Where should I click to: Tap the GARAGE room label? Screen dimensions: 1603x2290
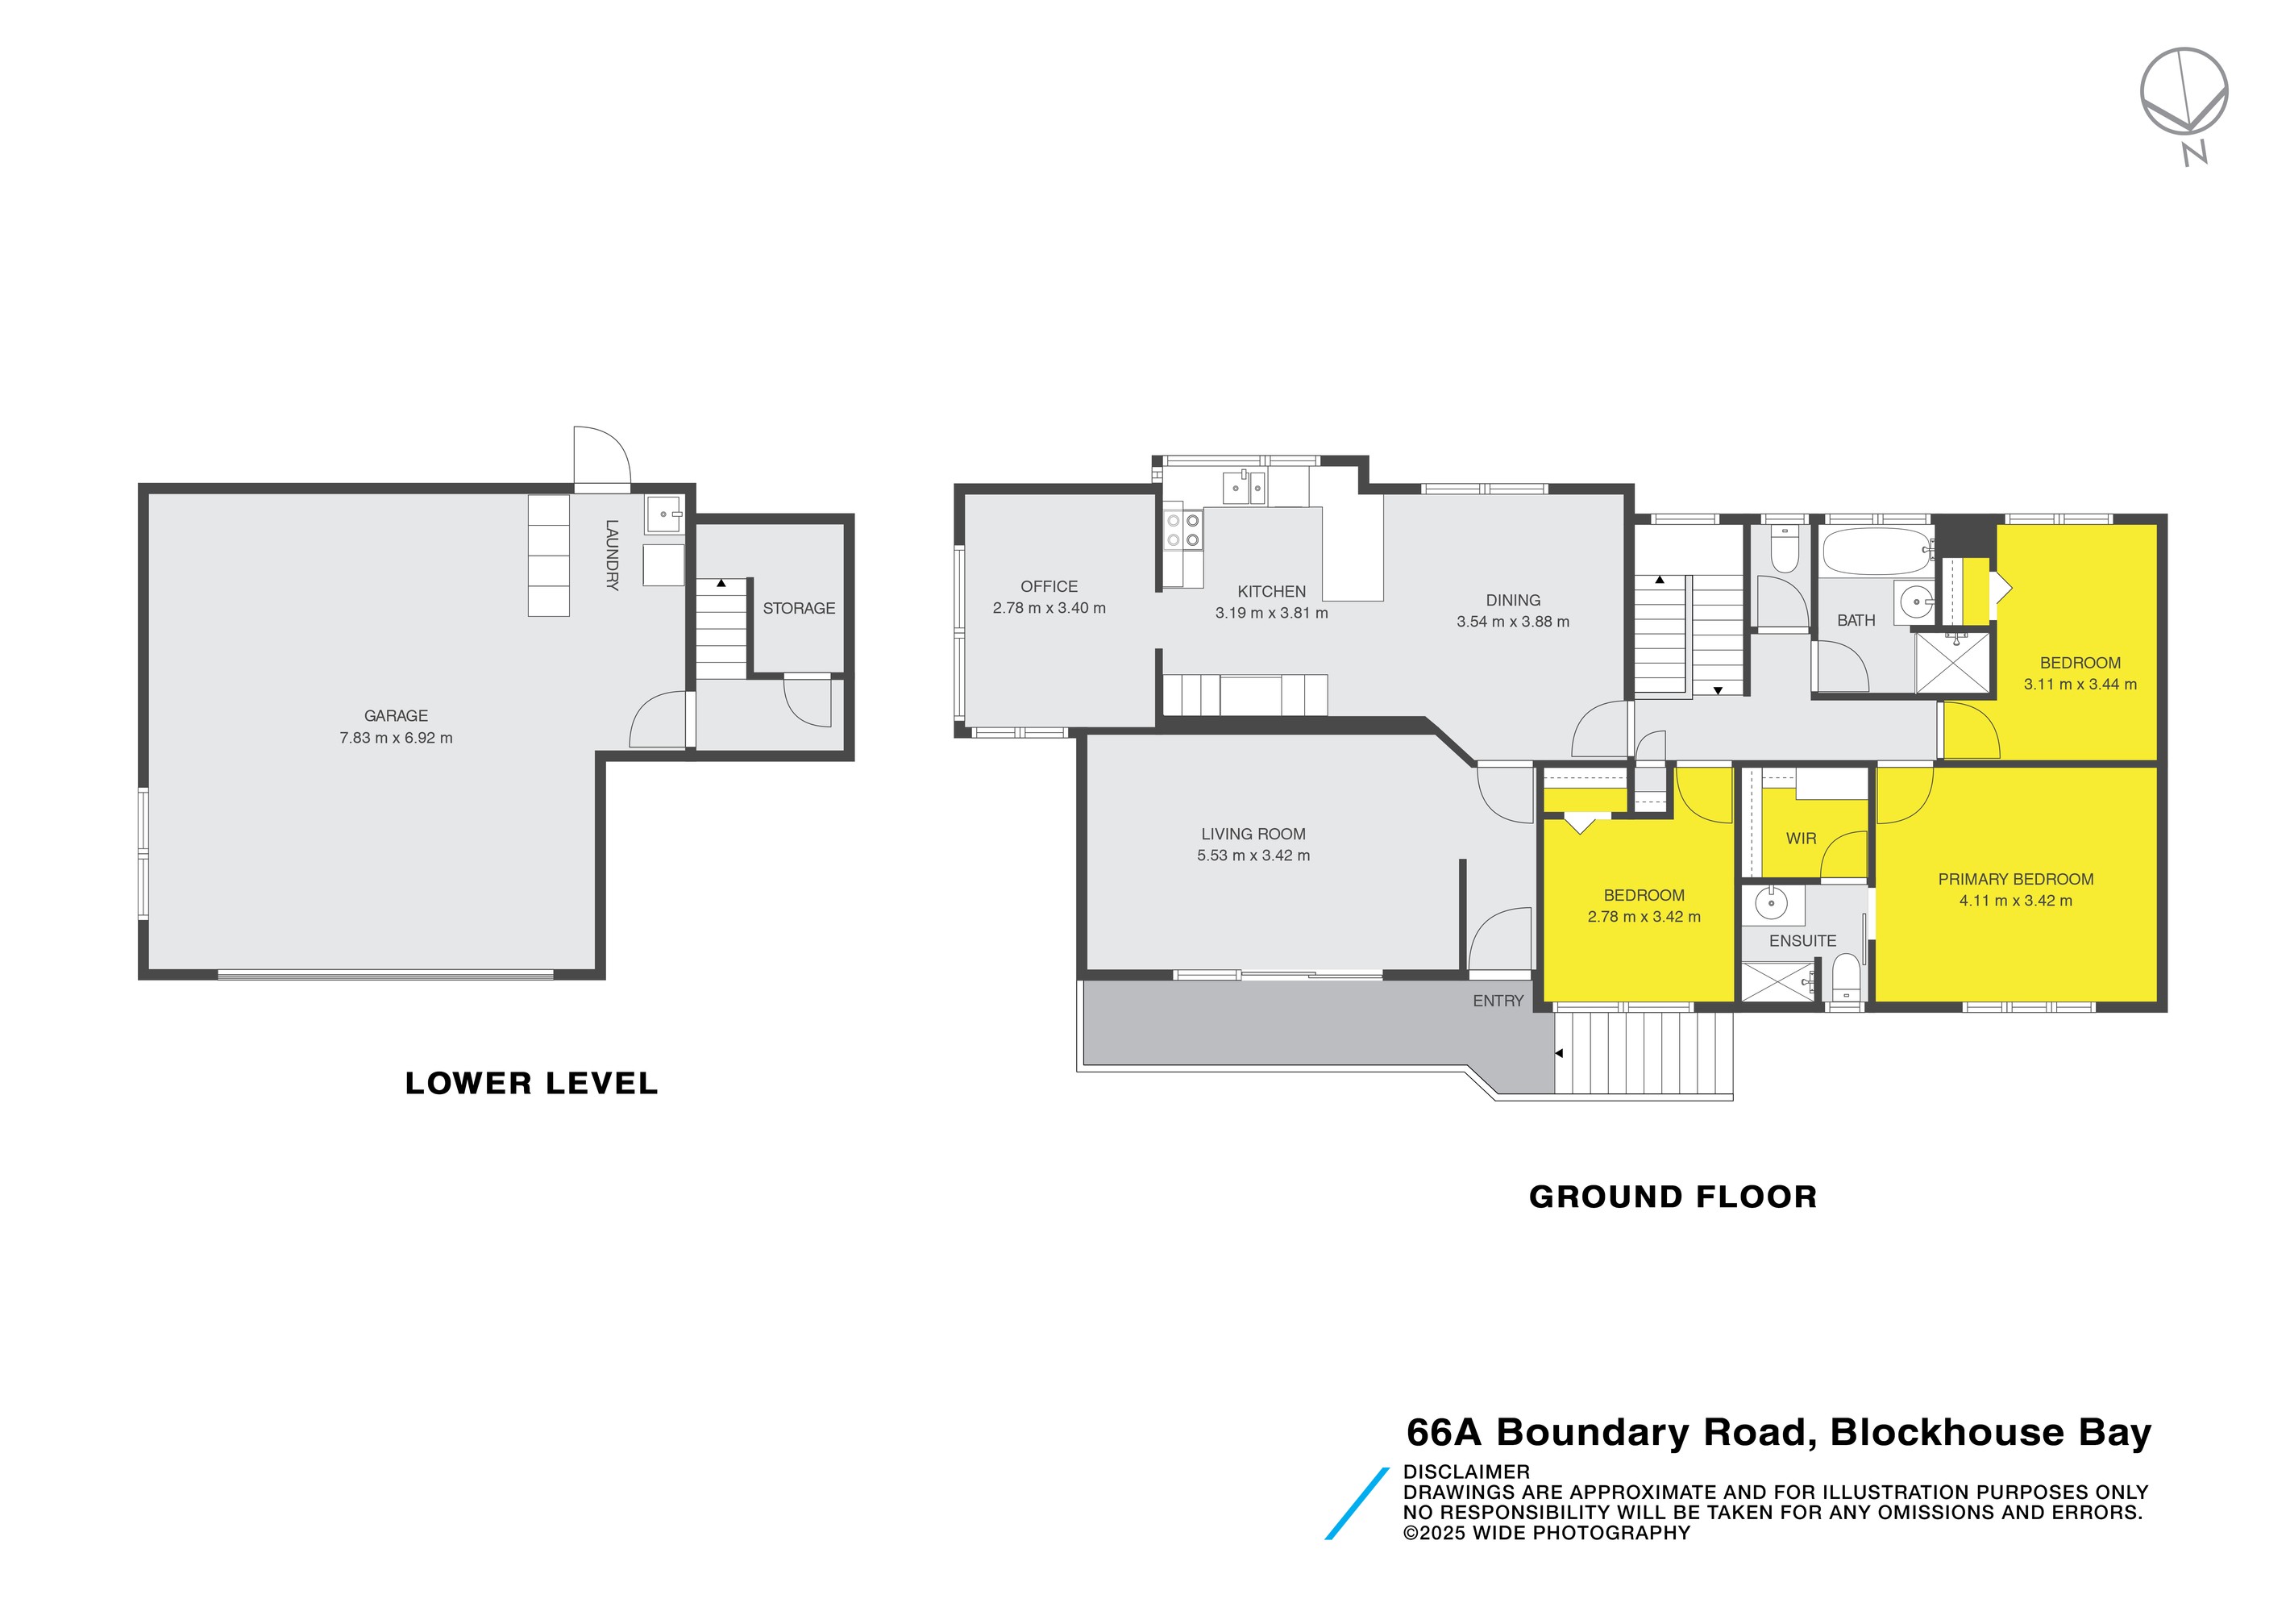pos(396,715)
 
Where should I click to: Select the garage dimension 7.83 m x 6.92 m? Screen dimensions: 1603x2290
pos(396,738)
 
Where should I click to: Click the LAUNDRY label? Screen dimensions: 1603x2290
pos(612,555)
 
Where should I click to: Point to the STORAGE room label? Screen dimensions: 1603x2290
pos(799,607)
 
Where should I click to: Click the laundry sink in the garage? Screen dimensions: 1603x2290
pos(663,514)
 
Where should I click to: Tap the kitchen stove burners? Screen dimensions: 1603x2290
pos(1183,531)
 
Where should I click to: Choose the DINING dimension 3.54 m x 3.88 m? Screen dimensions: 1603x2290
pos(1512,622)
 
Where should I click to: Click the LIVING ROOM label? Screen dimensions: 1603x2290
pos(1253,834)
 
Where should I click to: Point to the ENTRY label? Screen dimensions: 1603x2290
pos(1498,1001)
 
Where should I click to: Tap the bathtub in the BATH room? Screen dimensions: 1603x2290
pos(1876,551)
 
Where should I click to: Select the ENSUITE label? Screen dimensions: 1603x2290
pos(1802,941)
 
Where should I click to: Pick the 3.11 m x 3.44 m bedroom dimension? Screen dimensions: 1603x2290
pos(2080,685)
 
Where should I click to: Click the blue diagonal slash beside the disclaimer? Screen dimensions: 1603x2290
pos(1357,1503)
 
